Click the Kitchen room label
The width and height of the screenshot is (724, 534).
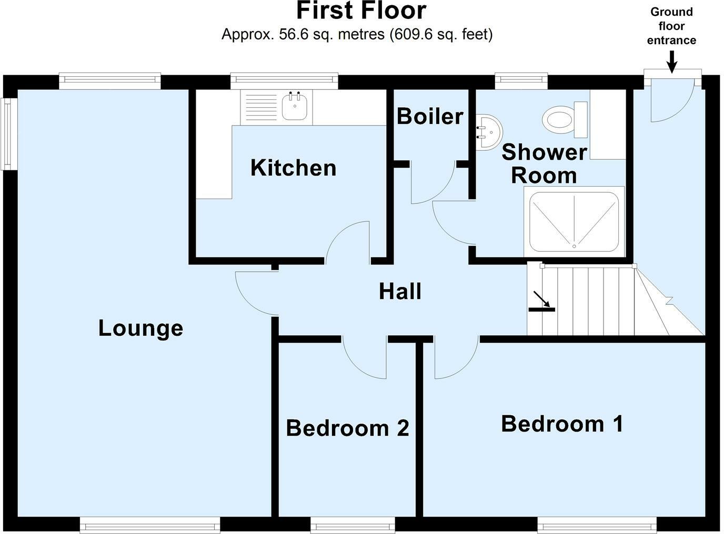pyautogui.click(x=293, y=168)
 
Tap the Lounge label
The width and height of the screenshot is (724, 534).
pyautogui.click(x=140, y=328)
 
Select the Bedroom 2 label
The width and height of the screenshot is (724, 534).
pyautogui.click(x=347, y=428)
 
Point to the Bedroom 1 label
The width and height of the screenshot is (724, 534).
pyautogui.click(x=562, y=423)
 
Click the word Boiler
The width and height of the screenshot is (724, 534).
pyautogui.click(x=430, y=116)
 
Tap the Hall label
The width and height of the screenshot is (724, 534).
pyautogui.click(x=400, y=291)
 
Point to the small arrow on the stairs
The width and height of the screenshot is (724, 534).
pyautogui.click(x=542, y=300)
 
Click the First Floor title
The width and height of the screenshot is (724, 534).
pyautogui.click(x=361, y=12)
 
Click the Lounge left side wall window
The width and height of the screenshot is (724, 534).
pyautogui.click(x=7, y=133)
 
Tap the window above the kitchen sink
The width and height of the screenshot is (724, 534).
pyautogui.click(x=284, y=80)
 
